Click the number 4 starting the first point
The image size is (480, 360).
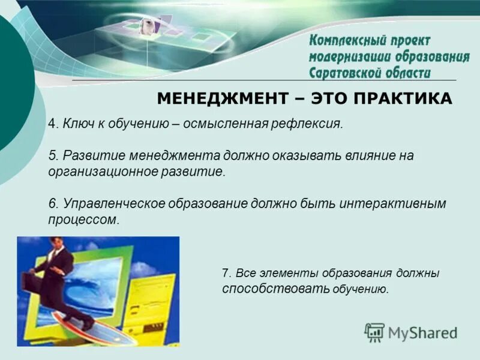[52, 124]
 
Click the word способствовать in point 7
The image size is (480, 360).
[259, 289]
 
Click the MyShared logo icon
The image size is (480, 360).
[375, 332]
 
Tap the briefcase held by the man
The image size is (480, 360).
[30, 282]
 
